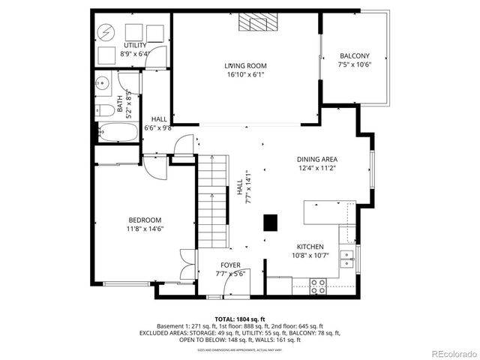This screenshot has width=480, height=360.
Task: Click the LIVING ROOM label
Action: coord(245,66)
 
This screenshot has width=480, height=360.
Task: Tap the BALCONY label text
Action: coord(354,56)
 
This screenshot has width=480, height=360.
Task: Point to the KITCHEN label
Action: coord(310,247)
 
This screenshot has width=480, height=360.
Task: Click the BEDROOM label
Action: coord(145,220)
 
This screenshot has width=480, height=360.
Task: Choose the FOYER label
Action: coord(230,265)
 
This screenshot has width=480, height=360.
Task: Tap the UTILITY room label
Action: coord(135,45)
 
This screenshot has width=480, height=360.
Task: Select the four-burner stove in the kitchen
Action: coord(319,284)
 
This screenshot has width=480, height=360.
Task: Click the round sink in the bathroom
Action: coord(103,83)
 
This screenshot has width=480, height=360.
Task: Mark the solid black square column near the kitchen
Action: coord(270,222)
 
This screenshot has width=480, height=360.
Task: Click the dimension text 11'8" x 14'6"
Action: coord(145,229)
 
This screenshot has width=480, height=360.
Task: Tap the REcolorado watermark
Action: coord(453,353)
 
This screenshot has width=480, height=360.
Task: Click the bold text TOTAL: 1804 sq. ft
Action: coord(239,319)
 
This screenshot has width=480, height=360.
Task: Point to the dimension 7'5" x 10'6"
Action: coord(354,64)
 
